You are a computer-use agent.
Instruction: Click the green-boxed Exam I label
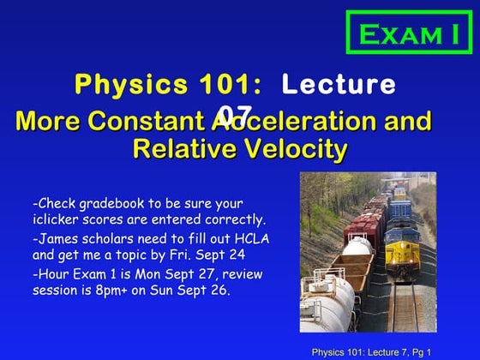(x=409, y=33)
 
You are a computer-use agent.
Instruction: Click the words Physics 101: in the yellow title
(x=168, y=85)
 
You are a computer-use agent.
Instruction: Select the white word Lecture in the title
(x=339, y=85)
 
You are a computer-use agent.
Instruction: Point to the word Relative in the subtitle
(x=183, y=150)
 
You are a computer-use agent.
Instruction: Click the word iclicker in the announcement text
(x=57, y=219)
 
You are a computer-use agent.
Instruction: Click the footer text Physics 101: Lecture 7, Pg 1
(x=370, y=351)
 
